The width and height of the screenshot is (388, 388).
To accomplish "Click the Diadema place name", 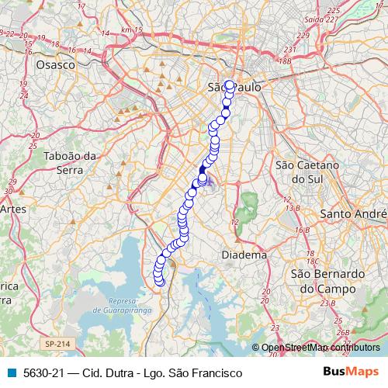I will pyautogui.click(x=244, y=255).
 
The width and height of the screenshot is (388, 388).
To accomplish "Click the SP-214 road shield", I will pyautogui.click(x=55, y=343).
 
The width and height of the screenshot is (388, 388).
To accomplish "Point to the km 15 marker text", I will pyautogui.click(x=133, y=29).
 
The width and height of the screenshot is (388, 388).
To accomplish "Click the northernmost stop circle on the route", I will pyautogui.click(x=230, y=85).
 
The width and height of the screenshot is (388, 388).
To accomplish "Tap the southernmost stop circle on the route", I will pyautogui.click(x=161, y=282).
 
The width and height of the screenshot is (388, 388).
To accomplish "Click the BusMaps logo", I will pyautogui.click(x=350, y=372).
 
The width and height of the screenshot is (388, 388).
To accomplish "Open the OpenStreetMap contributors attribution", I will pyautogui.click(x=319, y=348).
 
